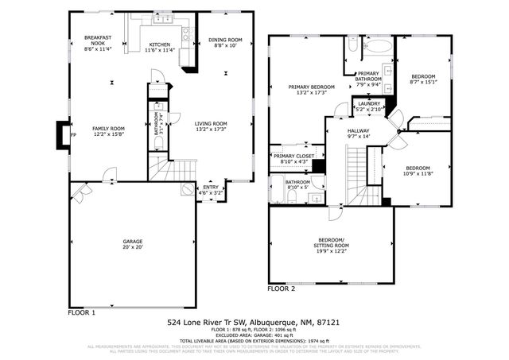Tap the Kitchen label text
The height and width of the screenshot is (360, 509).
[160, 47]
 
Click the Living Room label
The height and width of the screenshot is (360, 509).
[211, 126]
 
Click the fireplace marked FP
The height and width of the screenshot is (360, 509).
[63, 134]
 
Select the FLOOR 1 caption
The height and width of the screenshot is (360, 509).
[81, 312]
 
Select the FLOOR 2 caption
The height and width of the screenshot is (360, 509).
[281, 289]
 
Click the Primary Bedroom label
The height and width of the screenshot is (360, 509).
[311, 90]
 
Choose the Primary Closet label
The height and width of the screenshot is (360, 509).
[290, 158]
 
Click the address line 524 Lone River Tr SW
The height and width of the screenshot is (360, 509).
[254, 323]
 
